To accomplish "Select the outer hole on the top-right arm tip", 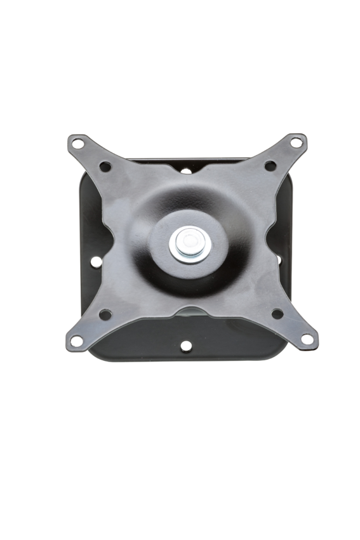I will coord(297,143).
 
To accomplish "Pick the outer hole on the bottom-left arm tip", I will coord(76,341).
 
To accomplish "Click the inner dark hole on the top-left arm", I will coord(105,166).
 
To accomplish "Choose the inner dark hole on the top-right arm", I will coord(270,166).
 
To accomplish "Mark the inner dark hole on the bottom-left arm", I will coord(105,314).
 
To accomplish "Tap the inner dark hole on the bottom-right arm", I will coord(277,313).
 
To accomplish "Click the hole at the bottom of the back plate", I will coord(185,346).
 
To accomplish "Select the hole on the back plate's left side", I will coord(96,260).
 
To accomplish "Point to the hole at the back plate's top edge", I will coord(186,170).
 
